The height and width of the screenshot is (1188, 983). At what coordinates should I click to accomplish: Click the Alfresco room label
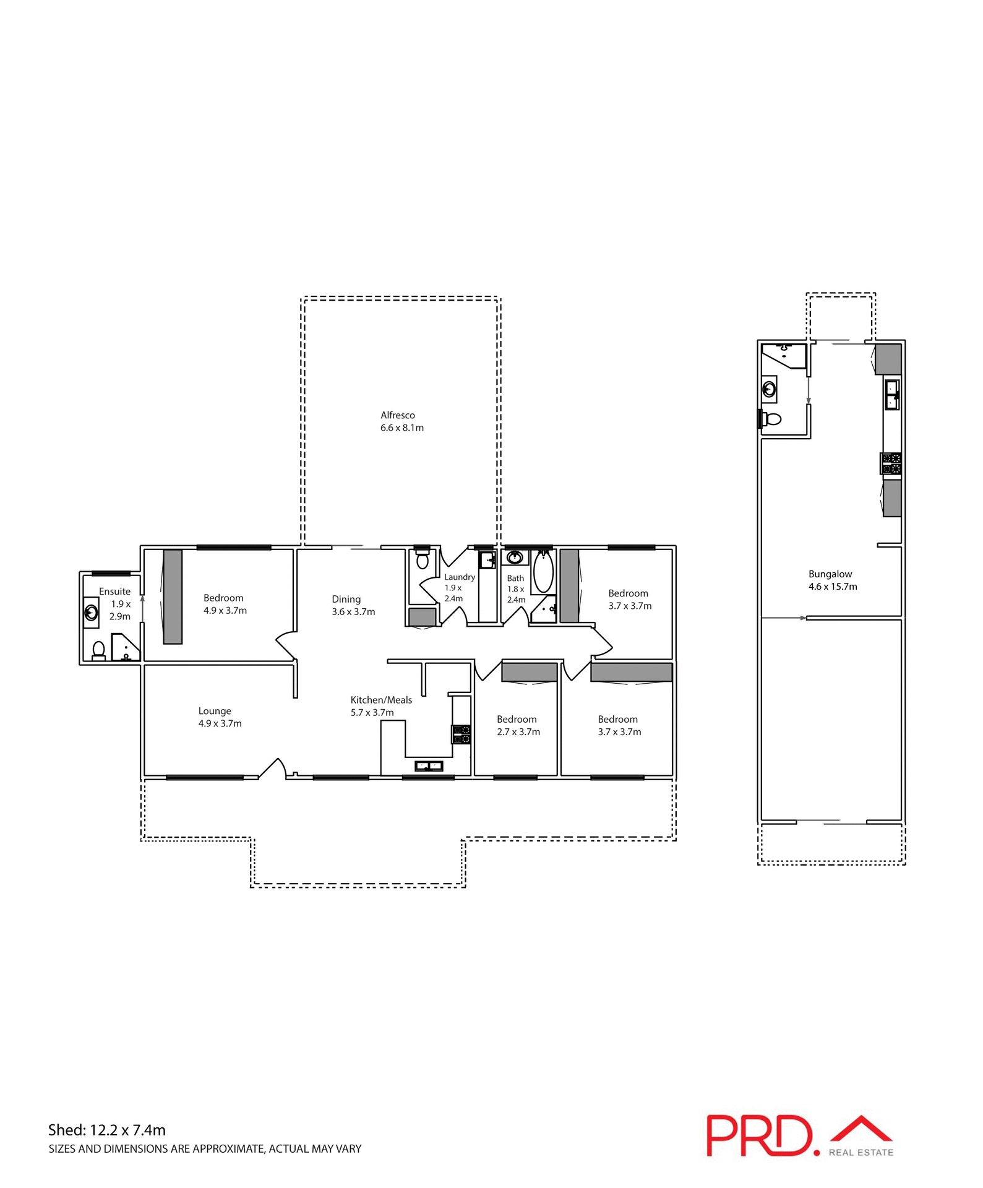coord(397,415)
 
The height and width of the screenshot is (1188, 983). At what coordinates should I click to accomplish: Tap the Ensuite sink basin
coord(91,613)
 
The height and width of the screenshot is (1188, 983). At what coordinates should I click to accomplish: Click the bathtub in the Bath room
coord(543,572)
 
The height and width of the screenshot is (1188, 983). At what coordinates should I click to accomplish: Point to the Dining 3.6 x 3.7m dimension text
coord(353,612)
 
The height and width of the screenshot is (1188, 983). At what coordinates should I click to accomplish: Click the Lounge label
coord(215,711)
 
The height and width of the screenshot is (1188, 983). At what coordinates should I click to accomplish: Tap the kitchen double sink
coord(428,766)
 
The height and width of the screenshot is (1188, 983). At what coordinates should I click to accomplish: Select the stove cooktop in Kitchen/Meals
coord(461,734)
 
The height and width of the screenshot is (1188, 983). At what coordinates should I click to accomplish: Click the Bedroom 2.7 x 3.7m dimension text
coord(518,732)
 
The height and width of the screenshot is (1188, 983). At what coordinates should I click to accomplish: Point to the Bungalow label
coord(830,574)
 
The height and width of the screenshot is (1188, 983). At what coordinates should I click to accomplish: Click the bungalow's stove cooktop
coord(891,463)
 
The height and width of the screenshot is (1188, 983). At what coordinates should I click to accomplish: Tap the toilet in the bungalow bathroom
coord(771,419)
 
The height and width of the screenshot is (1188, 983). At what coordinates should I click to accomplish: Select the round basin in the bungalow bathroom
coord(769,390)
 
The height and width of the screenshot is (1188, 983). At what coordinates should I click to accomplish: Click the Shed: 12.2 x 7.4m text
coord(107,1130)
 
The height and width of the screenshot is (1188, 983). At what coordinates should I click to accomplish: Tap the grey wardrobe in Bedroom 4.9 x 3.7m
coord(173,596)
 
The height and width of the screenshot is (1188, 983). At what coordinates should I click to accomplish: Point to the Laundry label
coord(460,577)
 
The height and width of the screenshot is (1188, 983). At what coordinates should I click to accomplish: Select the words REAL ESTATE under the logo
coord(861,1153)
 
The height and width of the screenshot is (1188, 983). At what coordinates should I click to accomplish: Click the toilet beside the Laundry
coord(423,561)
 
